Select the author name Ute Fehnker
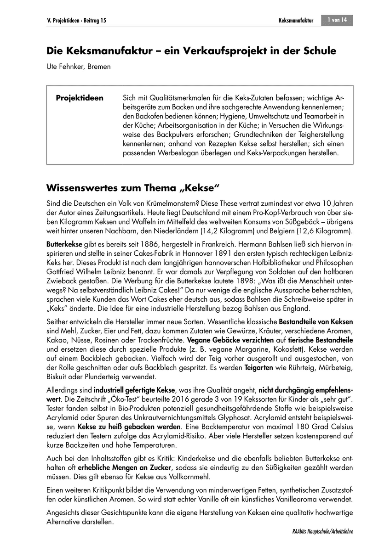[69, 67]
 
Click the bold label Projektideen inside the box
[80, 98]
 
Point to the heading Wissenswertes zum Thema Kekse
[134, 188]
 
